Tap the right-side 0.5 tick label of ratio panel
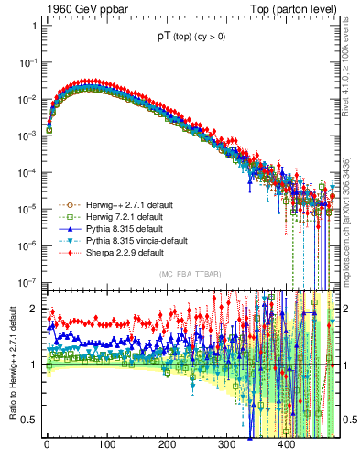348,420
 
